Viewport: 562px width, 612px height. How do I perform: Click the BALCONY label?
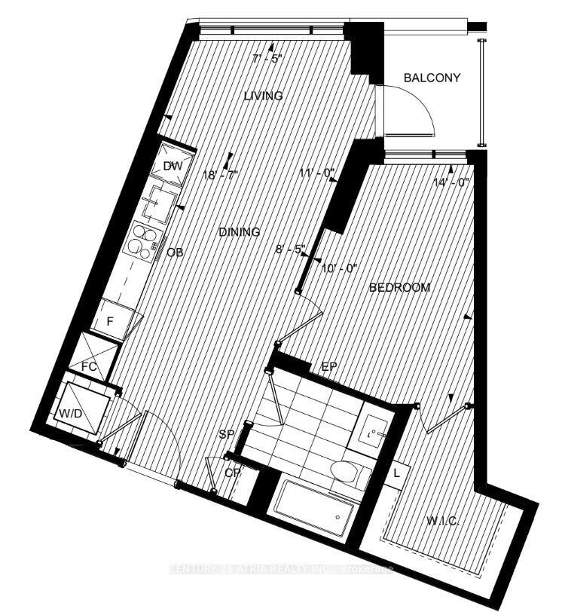[432, 78]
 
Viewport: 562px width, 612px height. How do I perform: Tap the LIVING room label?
[263, 96]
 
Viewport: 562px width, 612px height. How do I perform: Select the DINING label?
[240, 232]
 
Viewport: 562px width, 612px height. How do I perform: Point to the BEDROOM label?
[399, 287]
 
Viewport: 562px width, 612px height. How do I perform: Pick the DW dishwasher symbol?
[171, 167]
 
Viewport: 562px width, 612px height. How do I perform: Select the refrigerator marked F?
[110, 320]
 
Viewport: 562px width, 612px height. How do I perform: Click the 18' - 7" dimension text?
[220, 175]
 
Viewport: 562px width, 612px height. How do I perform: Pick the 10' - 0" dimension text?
[341, 268]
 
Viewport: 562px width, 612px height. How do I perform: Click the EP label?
[328, 366]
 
